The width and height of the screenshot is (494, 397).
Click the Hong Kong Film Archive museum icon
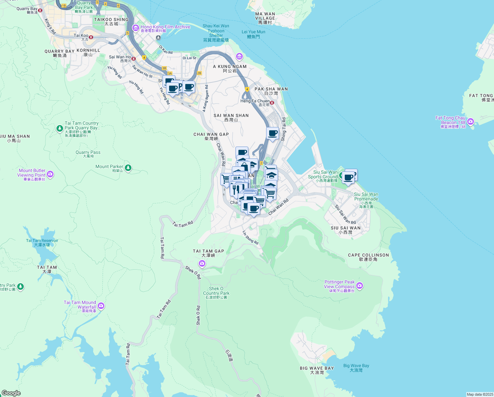pos(135,28)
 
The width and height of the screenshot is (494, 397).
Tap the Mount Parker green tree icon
pos(128,168)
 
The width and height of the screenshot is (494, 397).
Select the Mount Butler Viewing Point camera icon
pos(50,174)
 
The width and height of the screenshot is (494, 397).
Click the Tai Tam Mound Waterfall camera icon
pos(101,306)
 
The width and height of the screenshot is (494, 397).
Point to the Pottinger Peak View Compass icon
pos(360,286)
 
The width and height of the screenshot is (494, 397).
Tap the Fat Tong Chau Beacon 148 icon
pos(471,121)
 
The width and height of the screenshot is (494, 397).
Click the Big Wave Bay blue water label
pos(356,368)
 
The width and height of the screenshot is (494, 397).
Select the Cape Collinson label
pos(368,257)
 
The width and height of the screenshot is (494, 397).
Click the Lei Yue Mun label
pos(253,34)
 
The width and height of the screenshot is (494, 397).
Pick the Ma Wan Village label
pos(265,18)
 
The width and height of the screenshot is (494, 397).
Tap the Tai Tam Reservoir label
pos(42,243)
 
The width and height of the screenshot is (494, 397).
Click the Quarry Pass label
pos(88,154)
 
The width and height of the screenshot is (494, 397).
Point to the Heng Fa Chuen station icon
pos(272,103)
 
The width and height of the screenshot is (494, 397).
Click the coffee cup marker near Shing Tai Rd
pos(272,134)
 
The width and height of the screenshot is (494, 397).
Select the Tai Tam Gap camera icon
pos(202,264)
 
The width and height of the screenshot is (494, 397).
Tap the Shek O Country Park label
pos(216,293)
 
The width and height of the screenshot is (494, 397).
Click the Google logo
pos(11,393)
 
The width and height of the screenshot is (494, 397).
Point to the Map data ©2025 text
pos(480,394)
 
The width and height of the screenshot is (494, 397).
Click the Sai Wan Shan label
pos(231,117)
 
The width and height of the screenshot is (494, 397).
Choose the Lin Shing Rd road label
pos(250,238)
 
